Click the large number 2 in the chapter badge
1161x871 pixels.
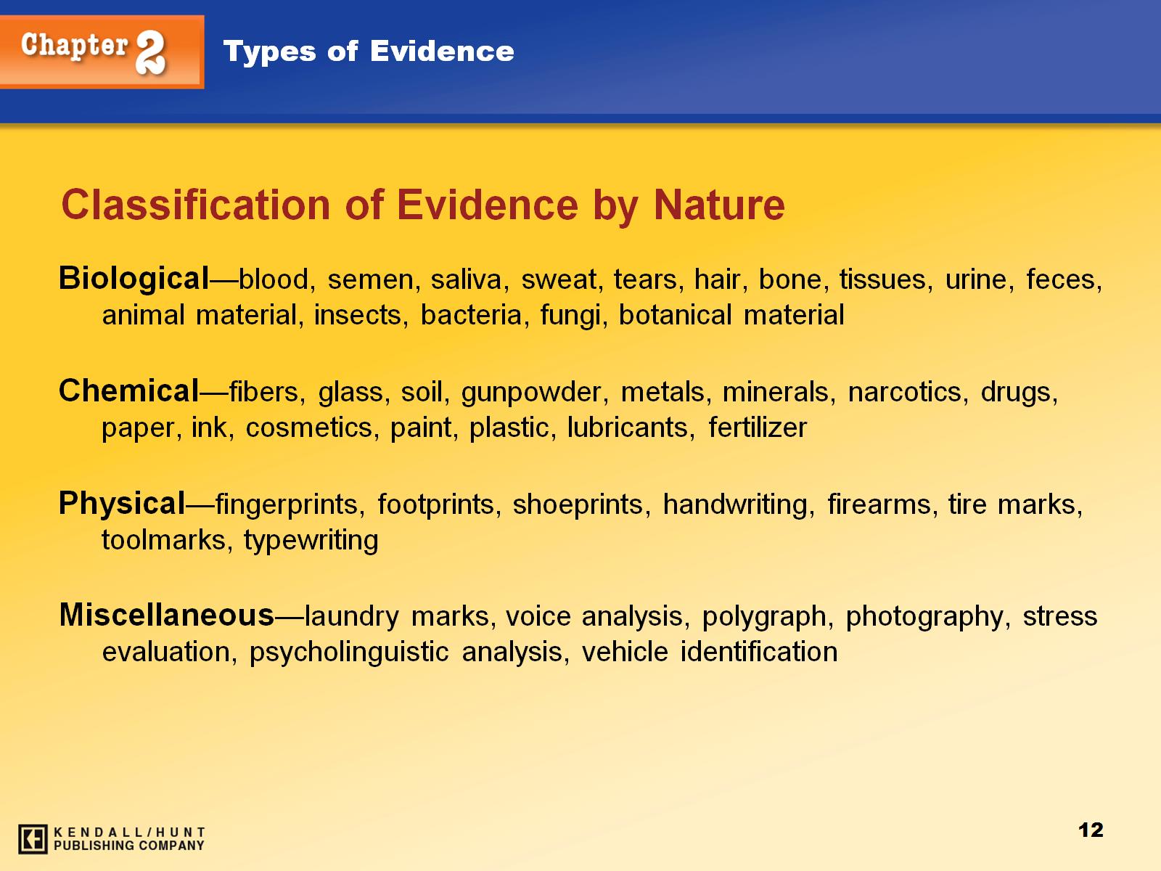151,52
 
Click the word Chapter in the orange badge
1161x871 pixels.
75,46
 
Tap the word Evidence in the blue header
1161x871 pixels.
442,52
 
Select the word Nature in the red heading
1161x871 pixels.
719,205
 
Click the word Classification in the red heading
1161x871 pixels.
196,205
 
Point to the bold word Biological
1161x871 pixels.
134,279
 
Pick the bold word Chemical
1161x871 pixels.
128,390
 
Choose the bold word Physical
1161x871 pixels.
122,504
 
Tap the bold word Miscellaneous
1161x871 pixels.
167,615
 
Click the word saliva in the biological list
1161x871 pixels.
465,279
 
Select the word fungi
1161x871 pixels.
570,316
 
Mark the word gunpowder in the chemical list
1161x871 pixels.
530,393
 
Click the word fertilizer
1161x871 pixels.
758,428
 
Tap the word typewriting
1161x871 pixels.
311,541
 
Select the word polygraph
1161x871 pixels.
764,617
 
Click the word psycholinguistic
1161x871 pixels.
349,653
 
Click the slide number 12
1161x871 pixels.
1091,830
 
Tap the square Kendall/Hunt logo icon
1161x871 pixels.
33,839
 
